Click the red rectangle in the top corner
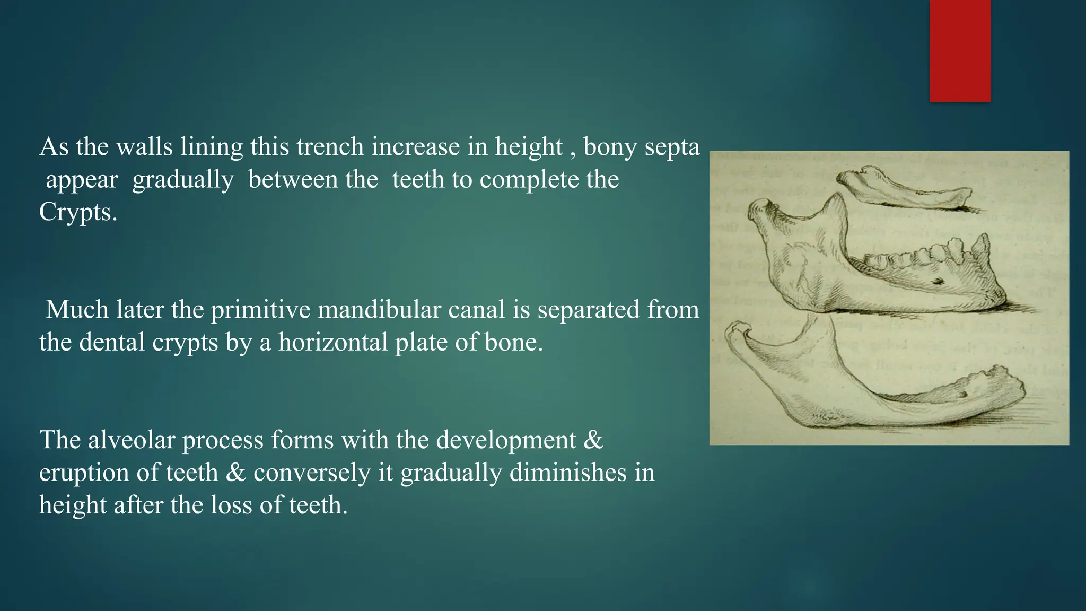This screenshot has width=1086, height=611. (960, 50)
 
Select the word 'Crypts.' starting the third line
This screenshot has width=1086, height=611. (77, 212)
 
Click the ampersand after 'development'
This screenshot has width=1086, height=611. (593, 440)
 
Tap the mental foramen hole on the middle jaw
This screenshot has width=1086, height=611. (938, 281)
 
